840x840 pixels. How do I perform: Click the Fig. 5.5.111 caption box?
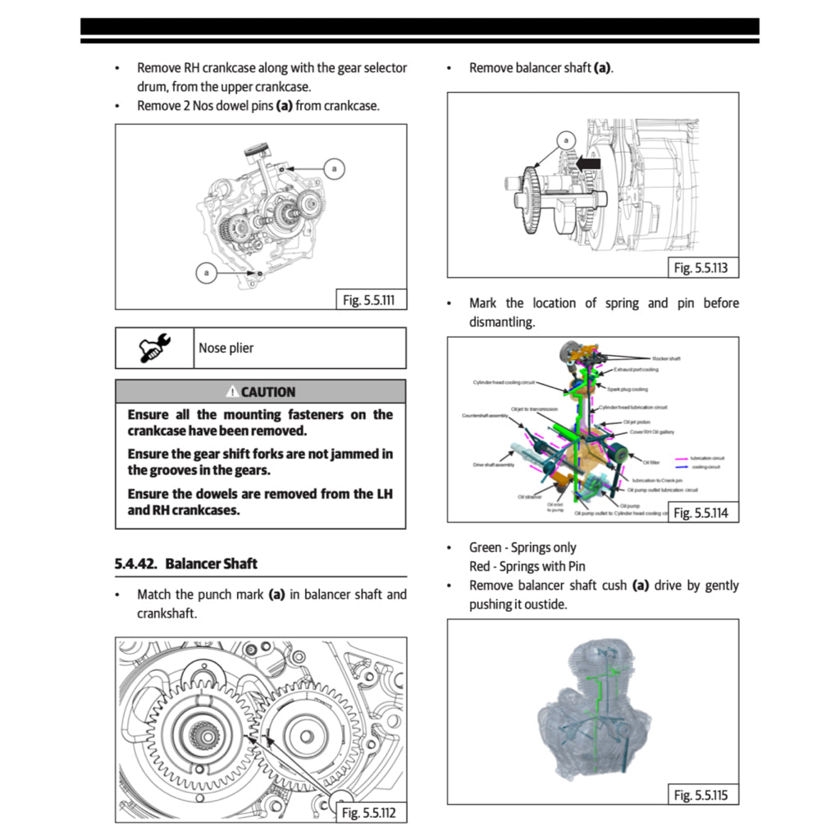[368, 300]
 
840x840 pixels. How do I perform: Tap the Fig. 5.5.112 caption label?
[368, 813]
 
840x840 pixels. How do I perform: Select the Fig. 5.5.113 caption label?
[701, 268]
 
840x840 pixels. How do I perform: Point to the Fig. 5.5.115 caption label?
[701, 795]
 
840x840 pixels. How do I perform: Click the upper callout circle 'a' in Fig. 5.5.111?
[333, 169]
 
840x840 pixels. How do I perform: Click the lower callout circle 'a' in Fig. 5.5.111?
[207, 272]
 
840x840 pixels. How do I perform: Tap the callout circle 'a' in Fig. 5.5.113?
[565, 140]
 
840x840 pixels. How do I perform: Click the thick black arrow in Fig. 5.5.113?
[587, 164]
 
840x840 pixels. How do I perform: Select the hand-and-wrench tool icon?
[154, 348]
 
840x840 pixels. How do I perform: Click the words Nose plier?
[226, 348]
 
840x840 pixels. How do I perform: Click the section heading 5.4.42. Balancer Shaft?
[186, 564]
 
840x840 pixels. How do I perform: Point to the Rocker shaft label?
[666, 358]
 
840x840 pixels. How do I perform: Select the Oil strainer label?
[529, 496]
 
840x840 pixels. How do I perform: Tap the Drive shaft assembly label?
[494, 465]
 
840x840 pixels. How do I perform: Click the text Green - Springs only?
[523, 547]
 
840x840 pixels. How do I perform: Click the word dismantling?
[502, 322]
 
